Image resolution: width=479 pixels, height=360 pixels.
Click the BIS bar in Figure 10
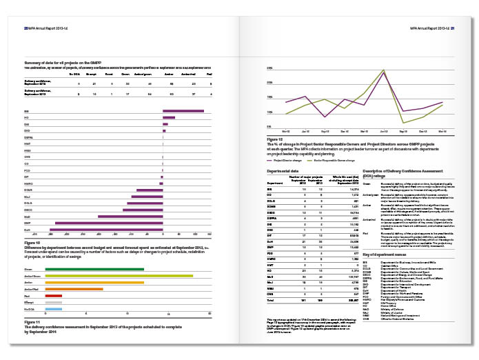coord(183,110)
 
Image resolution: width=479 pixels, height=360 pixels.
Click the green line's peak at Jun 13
coord(384,71)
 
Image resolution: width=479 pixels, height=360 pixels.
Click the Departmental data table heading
coord(285,169)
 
